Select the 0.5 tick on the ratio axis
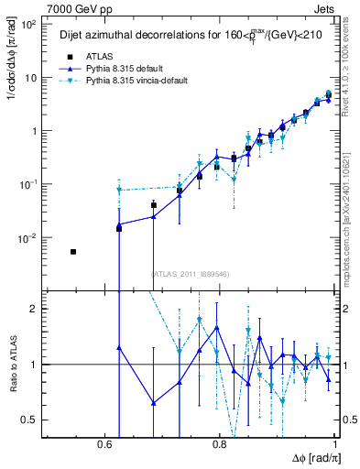tap(28, 420)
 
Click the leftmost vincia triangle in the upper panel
tap(119, 190)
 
